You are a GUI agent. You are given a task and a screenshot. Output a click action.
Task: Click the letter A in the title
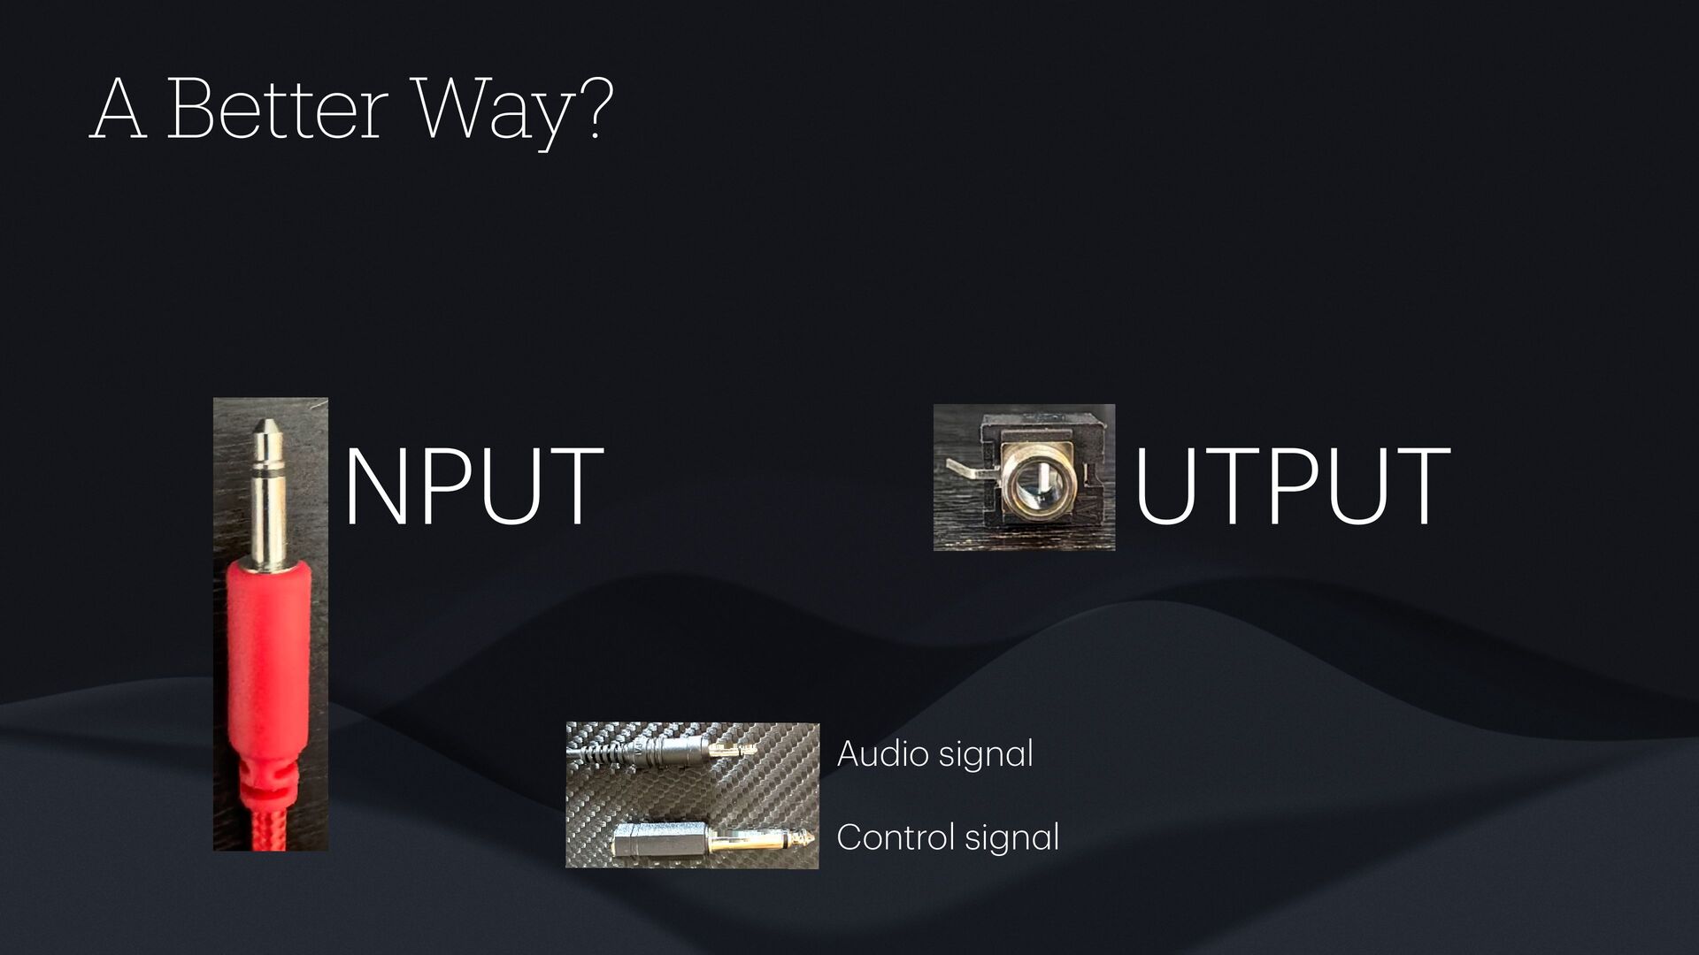tap(118, 110)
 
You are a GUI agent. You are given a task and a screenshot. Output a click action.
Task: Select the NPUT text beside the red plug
tap(473, 486)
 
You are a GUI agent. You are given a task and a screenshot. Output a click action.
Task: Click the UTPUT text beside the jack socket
tap(1292, 486)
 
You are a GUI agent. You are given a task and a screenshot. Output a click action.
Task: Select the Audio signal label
tap(934, 754)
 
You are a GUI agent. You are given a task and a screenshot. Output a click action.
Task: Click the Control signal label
tap(947, 837)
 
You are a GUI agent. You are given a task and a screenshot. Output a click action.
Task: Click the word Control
tap(895, 837)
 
